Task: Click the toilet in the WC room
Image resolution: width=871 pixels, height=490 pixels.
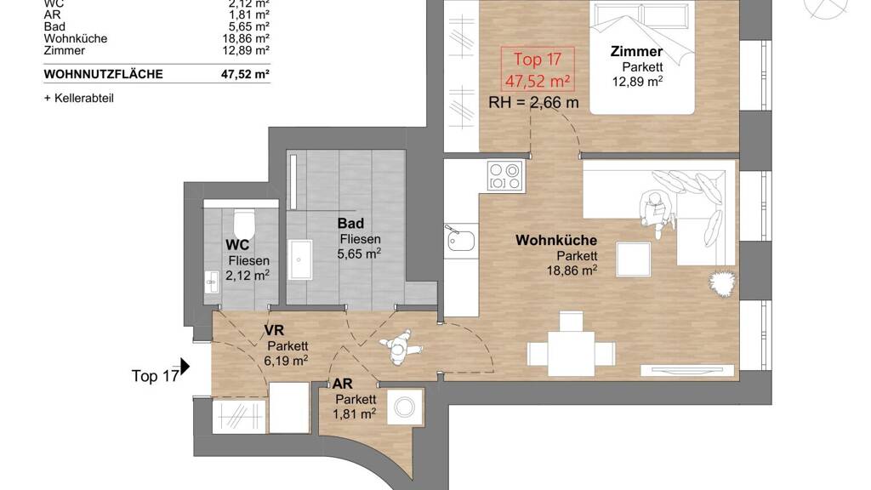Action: pyautogui.click(x=243, y=224)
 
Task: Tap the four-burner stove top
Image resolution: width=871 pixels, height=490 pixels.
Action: pyautogui.click(x=505, y=176)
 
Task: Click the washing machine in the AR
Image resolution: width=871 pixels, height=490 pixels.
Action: pyautogui.click(x=404, y=407)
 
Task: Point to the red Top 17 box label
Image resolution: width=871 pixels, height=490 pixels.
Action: pyautogui.click(x=538, y=70)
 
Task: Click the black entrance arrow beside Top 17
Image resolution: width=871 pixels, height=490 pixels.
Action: pyautogui.click(x=185, y=367)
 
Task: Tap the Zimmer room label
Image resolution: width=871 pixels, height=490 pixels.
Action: pyautogui.click(x=636, y=52)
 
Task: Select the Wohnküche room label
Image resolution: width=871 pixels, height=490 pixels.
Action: pyautogui.click(x=556, y=241)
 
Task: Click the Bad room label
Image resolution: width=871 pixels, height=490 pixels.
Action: pyautogui.click(x=351, y=224)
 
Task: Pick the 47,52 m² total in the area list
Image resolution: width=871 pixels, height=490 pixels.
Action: pyautogui.click(x=245, y=75)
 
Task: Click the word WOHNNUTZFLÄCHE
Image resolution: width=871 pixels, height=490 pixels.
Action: pyautogui.click(x=103, y=75)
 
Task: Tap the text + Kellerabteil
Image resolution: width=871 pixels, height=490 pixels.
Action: pyautogui.click(x=79, y=99)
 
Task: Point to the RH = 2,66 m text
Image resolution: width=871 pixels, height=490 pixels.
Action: pyautogui.click(x=534, y=103)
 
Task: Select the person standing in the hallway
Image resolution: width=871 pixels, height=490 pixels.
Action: pyautogui.click(x=400, y=347)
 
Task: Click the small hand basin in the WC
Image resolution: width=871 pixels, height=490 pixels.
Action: pyautogui.click(x=212, y=282)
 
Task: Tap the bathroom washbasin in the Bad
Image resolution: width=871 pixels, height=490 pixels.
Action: pyautogui.click(x=300, y=259)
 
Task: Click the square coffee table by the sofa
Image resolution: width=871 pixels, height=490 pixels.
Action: pyautogui.click(x=633, y=259)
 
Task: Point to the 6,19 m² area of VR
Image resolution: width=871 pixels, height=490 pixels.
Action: pyautogui.click(x=286, y=361)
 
